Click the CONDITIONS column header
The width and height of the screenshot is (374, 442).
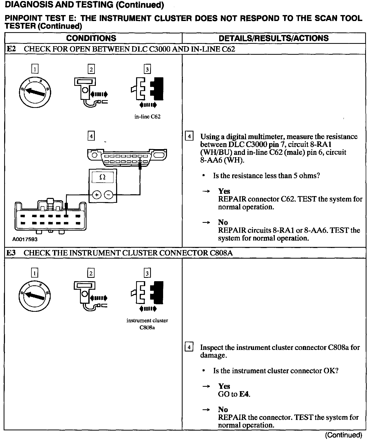(x=91, y=38)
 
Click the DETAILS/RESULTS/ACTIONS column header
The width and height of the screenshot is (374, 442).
(x=273, y=38)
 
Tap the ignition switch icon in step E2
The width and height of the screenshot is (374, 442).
(x=35, y=92)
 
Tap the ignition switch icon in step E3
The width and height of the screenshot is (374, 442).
(x=35, y=296)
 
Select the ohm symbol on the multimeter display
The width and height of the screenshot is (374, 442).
(x=103, y=177)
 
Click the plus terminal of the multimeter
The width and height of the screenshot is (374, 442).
(x=96, y=195)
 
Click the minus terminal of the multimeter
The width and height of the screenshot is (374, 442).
(x=109, y=195)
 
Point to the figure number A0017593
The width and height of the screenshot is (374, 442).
(x=25, y=239)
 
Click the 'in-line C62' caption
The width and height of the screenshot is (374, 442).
(x=147, y=117)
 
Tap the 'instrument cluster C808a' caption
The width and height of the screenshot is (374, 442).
(x=147, y=324)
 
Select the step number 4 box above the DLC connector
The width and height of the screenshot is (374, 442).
(x=91, y=136)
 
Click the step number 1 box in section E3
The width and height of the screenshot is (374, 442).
(x=34, y=273)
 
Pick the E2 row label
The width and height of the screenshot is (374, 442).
(x=11, y=49)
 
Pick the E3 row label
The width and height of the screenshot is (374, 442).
(x=11, y=253)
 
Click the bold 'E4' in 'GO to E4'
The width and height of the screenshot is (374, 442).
(x=244, y=394)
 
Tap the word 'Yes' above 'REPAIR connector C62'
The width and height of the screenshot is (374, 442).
(x=224, y=191)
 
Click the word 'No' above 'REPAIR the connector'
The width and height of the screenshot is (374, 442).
(x=223, y=410)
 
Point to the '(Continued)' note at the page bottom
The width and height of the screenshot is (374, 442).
(x=344, y=435)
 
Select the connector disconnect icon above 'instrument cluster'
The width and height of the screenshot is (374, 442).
(x=147, y=296)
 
